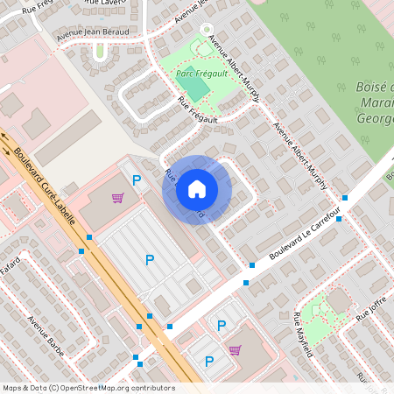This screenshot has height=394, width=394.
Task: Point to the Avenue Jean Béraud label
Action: [92, 33]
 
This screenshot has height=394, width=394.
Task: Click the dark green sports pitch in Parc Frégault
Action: [198, 88]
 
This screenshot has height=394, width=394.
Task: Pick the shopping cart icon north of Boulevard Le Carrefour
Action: [117, 198]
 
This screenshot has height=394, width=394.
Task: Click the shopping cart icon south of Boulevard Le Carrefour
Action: [235, 350]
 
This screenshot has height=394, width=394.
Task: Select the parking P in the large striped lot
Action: [149, 260]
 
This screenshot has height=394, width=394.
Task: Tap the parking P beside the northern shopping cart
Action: [136, 180]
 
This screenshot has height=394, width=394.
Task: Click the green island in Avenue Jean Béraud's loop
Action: [100, 51]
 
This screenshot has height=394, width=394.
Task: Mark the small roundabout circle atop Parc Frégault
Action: [208, 29]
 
